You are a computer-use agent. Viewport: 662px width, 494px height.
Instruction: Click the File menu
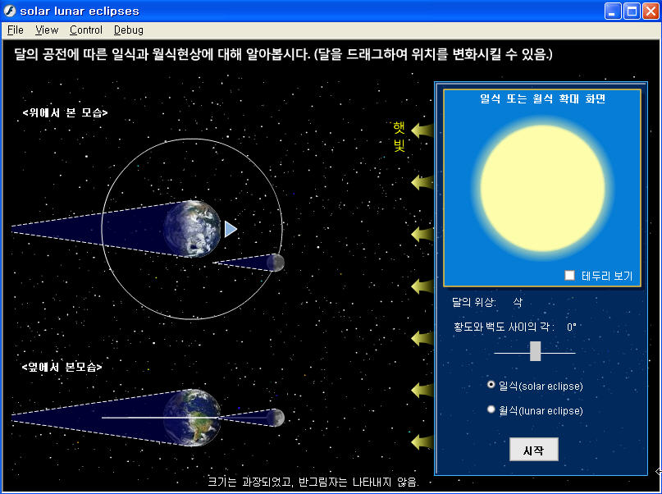pos(16,30)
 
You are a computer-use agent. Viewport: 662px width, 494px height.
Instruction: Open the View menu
pos(47,30)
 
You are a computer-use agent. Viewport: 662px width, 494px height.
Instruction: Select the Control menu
pos(86,30)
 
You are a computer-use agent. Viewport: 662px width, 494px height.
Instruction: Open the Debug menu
pos(129,30)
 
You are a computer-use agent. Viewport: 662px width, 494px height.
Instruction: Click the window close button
pos(651,11)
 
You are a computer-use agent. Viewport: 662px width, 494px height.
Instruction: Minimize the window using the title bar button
pos(613,11)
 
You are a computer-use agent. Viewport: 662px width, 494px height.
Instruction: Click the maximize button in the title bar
pos(632,11)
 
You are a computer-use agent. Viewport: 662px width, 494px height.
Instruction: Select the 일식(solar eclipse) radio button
pos(491,384)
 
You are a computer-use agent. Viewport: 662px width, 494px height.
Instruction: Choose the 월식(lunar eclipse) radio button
pos(491,409)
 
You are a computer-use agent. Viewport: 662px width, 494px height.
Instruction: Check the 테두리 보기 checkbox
pos(569,275)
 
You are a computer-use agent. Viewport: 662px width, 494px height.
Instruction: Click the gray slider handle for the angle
pos(535,351)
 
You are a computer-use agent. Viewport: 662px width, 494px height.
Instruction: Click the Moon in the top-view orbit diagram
pos(276,263)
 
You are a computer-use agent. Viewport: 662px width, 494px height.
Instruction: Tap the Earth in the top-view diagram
pos(192,229)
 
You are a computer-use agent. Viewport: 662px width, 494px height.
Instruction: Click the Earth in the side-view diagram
pos(192,418)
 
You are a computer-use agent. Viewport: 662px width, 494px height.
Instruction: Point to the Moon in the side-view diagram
pos(276,418)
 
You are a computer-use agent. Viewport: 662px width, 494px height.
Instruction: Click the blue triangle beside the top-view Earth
pos(230,229)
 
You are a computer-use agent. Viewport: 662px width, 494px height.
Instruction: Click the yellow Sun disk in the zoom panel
pos(542,188)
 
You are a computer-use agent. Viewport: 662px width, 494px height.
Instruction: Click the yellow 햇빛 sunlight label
pos(399,136)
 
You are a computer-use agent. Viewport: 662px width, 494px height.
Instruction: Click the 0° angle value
pos(572,327)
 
